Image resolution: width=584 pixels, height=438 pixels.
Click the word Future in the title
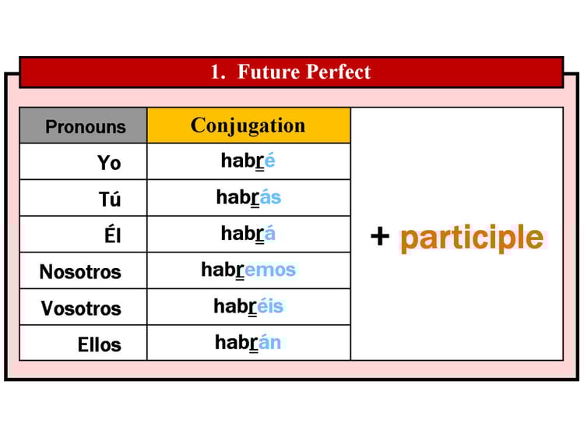tap(269, 72)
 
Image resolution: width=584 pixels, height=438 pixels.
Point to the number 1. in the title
tap(218, 72)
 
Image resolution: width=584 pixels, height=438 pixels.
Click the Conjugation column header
tap(248, 126)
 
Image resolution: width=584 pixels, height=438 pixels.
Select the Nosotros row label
tap(80, 272)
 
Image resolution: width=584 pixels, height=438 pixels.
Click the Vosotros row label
tap(81, 309)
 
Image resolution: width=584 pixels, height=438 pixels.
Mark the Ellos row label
tap(100, 344)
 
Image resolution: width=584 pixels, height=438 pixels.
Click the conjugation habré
tap(248, 161)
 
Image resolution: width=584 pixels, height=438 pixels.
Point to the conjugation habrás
tap(249, 197)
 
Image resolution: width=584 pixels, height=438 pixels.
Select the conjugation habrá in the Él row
tap(248, 233)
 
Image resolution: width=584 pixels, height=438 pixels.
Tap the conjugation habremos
tap(248, 270)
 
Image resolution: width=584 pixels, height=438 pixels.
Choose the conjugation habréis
tap(248, 306)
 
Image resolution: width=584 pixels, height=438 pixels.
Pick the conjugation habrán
tap(248, 342)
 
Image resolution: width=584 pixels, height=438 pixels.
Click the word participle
tap(472, 238)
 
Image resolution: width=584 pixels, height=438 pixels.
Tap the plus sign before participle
tap(380, 236)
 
